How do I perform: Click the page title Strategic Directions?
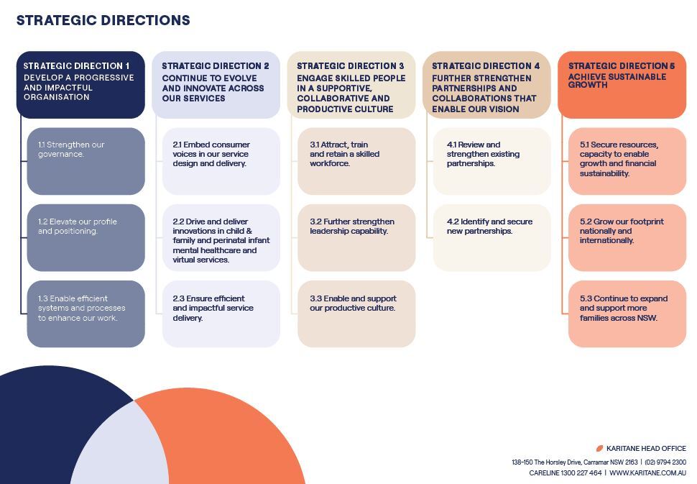pos(103,20)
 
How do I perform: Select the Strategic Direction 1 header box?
pos(80,85)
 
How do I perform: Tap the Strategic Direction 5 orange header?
pos(622,85)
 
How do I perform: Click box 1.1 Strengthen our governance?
pos(86,161)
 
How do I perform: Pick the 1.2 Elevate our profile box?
pos(86,237)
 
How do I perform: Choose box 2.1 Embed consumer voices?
pos(221,161)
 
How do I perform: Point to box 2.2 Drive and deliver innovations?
pos(221,237)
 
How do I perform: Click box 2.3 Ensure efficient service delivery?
pos(221,314)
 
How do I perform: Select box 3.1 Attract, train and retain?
pos(356,161)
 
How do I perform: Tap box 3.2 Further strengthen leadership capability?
pos(356,237)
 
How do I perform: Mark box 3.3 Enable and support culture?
pos(356,314)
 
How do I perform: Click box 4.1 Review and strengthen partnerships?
pos(491,161)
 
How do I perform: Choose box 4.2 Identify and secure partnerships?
pos(491,237)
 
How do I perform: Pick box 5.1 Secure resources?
pos(627,161)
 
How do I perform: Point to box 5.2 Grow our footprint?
pos(627,237)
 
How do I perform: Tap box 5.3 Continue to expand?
pos(627,314)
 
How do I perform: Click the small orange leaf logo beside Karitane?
pos(600,449)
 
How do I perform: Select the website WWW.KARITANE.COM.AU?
pos(647,473)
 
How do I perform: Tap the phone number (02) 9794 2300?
pos(665,462)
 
